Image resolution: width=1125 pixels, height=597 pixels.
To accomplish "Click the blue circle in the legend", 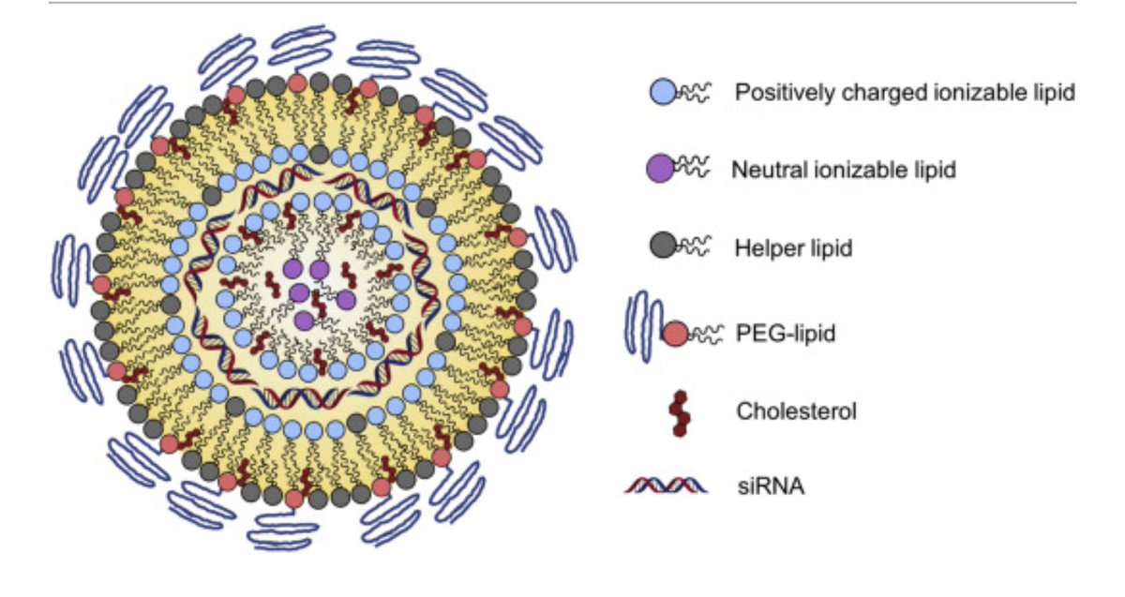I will pyautogui.click(x=663, y=92).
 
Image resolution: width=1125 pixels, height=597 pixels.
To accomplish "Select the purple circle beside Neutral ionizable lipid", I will pyautogui.click(x=661, y=170).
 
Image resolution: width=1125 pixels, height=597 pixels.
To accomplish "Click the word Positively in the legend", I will pyautogui.click(x=775, y=94).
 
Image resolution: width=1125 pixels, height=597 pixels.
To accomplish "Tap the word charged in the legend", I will pyautogui.click(x=859, y=94).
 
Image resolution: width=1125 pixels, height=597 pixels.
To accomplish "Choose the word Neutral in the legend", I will pyautogui.click(x=761, y=171).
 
